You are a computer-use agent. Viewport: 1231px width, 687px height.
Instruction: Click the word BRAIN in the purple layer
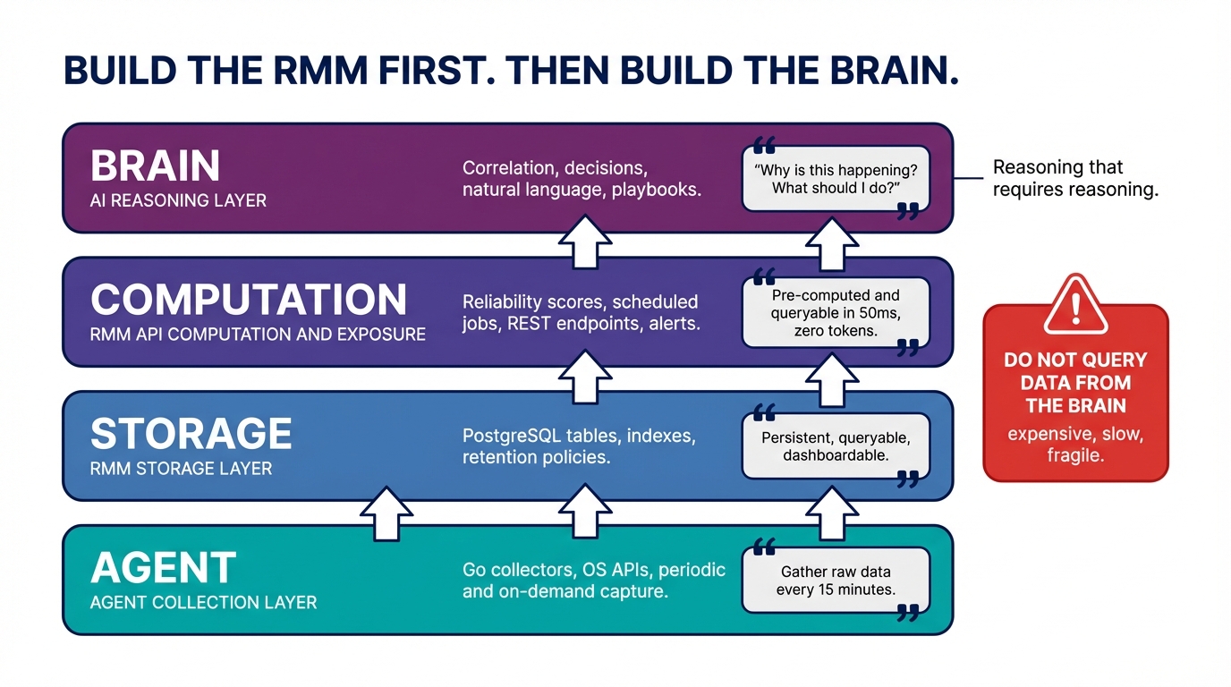pyautogui.click(x=155, y=166)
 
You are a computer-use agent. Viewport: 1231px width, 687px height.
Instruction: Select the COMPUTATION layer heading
pyautogui.click(x=249, y=300)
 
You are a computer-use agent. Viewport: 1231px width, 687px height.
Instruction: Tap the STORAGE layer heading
pyautogui.click(x=191, y=434)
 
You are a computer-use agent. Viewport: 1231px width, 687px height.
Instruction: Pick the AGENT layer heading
pyautogui.click(x=163, y=568)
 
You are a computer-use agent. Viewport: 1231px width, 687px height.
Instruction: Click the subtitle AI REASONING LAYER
pyautogui.click(x=178, y=200)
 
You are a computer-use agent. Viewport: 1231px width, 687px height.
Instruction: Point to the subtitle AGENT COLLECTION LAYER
pyautogui.click(x=203, y=602)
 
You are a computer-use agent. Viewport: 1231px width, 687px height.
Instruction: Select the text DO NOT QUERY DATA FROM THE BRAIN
pyautogui.click(x=1075, y=383)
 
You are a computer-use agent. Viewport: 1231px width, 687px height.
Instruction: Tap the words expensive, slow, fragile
pyautogui.click(x=1075, y=445)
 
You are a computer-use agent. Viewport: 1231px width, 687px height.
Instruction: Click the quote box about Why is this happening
pyautogui.click(x=836, y=179)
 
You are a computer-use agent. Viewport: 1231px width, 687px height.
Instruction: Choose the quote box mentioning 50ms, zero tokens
pyautogui.click(x=836, y=313)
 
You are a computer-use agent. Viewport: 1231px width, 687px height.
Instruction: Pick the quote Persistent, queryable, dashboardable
pyautogui.click(x=836, y=446)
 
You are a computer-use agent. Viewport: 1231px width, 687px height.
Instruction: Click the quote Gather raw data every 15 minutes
pyautogui.click(x=836, y=581)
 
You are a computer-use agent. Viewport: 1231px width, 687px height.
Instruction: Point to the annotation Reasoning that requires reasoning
pyautogui.click(x=1075, y=178)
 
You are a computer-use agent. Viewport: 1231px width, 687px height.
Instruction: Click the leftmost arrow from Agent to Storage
pyautogui.click(x=386, y=513)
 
